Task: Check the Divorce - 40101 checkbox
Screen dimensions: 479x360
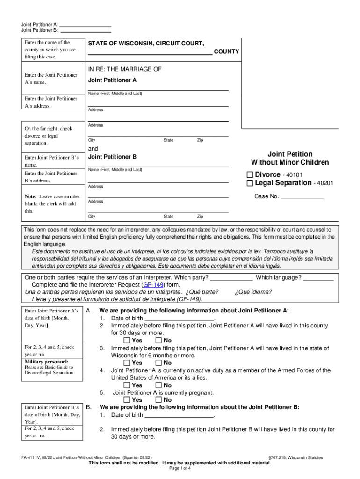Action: coord(250,175)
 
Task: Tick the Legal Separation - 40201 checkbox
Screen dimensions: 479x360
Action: coord(250,183)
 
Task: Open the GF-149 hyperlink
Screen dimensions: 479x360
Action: coord(153,284)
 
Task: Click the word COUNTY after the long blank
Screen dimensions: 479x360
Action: coord(226,52)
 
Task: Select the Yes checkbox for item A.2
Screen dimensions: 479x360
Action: coord(127,341)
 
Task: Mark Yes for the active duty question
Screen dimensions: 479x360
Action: coord(127,385)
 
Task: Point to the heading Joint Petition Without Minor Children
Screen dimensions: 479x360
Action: coord(290,158)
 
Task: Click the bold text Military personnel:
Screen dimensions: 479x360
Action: coord(46,362)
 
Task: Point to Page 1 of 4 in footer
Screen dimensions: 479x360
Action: coord(180,469)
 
